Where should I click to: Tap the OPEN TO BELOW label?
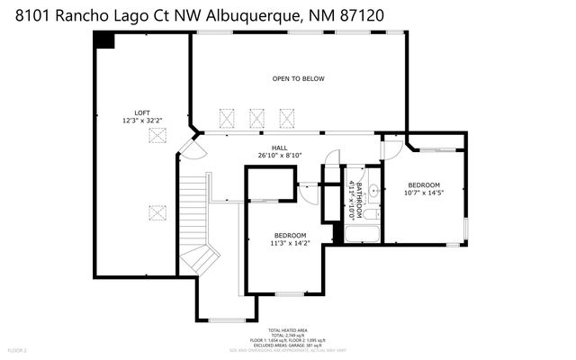(x=298, y=79)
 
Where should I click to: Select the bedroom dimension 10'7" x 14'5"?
(x=424, y=192)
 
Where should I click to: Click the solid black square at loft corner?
(x=105, y=40)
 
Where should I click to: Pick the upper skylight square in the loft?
(x=158, y=135)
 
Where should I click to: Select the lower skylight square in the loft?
(x=158, y=212)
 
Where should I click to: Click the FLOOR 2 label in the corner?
(x=18, y=349)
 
